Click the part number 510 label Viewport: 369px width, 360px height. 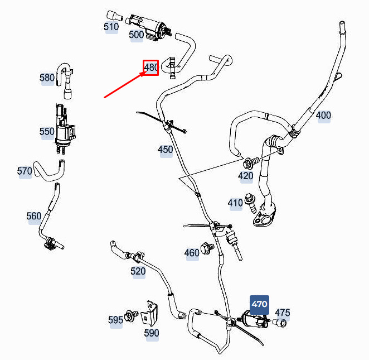tap(111, 27)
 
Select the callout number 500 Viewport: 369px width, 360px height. tap(136, 35)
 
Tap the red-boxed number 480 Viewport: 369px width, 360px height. tap(151, 68)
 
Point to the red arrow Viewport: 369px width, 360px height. tap(124, 85)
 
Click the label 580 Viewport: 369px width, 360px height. tap(47, 78)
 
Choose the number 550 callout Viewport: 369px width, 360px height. tap(47, 132)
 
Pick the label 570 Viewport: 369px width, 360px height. tap(25, 171)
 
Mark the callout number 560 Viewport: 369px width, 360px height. tap(34, 217)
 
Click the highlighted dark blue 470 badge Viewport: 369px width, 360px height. tap(259, 305)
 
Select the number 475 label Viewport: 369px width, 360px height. tap(283, 313)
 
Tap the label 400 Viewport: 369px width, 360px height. tap(323, 116)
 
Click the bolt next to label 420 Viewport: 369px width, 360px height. tap(251, 162)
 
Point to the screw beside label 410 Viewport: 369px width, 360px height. tap(250, 203)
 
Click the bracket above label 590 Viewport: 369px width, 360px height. tap(150, 313)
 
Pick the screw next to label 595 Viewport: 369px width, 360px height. tap(131, 316)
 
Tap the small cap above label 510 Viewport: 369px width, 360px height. tap(114, 16)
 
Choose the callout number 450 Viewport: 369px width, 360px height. tap(165, 150)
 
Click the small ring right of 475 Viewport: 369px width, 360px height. tap(280, 323)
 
